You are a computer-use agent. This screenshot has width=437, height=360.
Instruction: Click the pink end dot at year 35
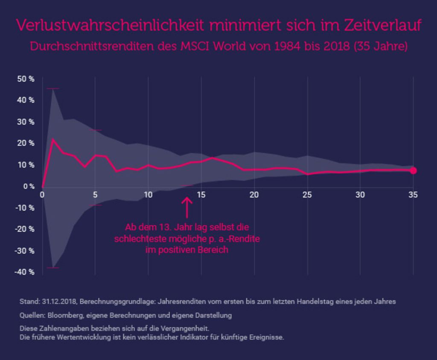coord(413,171)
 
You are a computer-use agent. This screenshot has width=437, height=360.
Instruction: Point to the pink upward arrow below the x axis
coord(187,208)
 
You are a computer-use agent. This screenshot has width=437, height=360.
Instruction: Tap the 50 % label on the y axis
coord(26,79)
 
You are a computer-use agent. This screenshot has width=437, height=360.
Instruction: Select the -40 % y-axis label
coord(24,272)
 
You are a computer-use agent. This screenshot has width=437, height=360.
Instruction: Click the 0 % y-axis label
coord(29,186)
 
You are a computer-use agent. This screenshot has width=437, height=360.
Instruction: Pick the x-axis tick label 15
coord(201,195)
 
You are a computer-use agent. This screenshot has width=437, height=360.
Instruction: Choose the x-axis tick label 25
coord(307,195)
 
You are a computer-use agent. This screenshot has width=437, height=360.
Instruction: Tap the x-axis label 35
coord(413,195)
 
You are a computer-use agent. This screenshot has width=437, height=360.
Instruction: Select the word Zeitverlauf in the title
coord(383,25)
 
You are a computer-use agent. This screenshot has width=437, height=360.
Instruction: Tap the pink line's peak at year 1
coord(52,139)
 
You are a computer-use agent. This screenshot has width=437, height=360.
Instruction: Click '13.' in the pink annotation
coord(165,227)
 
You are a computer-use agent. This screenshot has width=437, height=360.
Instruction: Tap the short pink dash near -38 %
coord(52,268)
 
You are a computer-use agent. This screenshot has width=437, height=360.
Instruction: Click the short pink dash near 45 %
coord(52,89)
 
